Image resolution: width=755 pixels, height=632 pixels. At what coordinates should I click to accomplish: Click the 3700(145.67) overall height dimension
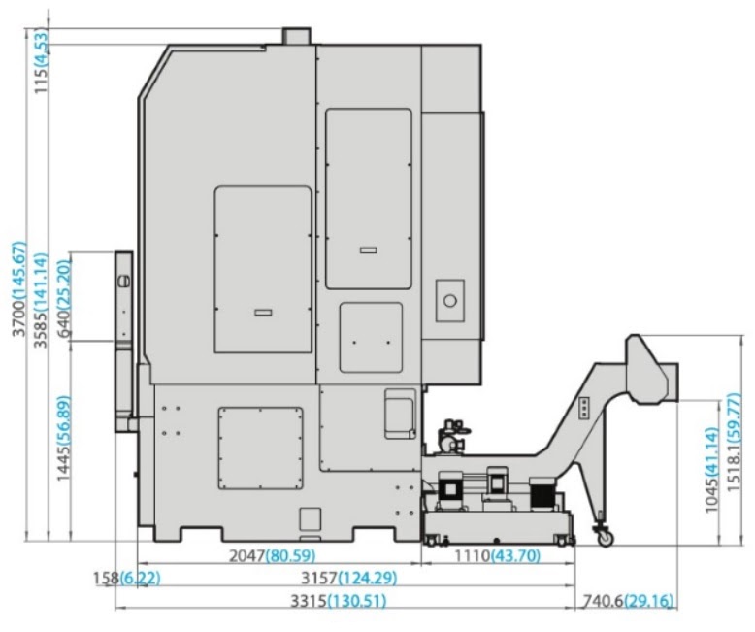(x=19, y=288)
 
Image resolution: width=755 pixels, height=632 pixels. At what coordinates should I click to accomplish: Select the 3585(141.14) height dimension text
(x=41, y=300)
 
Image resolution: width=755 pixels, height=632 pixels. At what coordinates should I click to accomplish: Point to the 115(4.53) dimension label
(x=42, y=61)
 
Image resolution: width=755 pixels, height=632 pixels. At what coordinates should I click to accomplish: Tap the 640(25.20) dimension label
(x=63, y=298)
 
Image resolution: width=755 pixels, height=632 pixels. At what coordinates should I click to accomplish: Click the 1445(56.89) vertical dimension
(x=63, y=438)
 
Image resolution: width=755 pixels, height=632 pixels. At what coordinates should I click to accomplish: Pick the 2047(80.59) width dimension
(x=272, y=556)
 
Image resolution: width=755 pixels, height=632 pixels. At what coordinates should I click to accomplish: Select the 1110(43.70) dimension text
(x=498, y=556)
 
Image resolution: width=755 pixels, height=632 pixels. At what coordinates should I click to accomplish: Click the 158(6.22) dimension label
(x=126, y=578)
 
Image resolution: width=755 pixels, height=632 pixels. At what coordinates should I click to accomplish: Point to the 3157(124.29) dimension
(x=349, y=578)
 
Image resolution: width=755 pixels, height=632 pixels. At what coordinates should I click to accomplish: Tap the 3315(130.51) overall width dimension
(x=338, y=601)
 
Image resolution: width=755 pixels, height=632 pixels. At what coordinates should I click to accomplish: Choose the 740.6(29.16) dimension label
(x=629, y=601)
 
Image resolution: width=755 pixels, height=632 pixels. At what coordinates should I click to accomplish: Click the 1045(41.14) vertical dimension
(x=711, y=470)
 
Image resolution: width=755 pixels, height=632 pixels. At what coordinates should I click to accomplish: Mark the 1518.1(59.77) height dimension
(x=733, y=443)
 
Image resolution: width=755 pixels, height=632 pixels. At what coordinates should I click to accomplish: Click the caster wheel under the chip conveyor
(x=605, y=537)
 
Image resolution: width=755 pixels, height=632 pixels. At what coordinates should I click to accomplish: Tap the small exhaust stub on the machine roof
(x=296, y=36)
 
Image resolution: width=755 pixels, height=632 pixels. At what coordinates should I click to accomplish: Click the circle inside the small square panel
(x=450, y=301)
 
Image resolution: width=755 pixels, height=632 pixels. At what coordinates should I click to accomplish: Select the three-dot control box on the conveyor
(x=584, y=408)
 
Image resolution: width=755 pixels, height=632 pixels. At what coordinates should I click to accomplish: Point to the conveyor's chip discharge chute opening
(x=673, y=382)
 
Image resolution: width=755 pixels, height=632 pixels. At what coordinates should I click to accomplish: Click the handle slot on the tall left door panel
(x=263, y=313)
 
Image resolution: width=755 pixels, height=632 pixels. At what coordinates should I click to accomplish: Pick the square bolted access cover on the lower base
(x=260, y=448)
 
